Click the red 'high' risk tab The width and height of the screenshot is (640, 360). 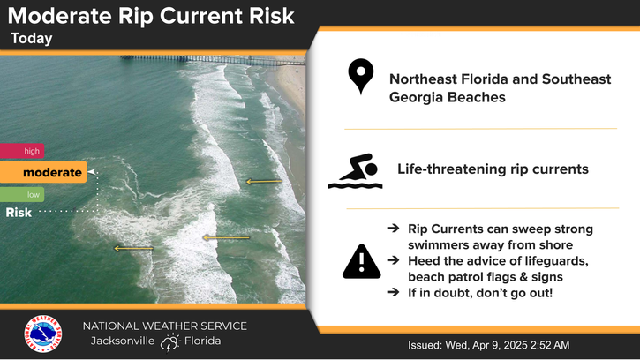[x=22, y=151]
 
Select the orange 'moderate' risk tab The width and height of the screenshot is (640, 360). [x=43, y=172]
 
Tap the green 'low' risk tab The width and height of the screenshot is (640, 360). [x=22, y=195]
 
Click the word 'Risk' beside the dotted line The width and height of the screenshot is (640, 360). [x=19, y=213]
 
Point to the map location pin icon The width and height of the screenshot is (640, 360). [x=361, y=76]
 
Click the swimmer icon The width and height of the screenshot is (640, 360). [x=355, y=171]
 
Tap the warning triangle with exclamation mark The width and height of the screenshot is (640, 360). [x=362, y=262]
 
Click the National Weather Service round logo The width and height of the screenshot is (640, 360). [x=43, y=334]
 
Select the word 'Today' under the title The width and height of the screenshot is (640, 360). [x=32, y=38]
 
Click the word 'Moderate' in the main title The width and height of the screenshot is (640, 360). [x=60, y=17]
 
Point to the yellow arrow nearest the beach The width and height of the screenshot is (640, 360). [x=264, y=181]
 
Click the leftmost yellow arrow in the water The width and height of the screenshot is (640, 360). [x=133, y=248]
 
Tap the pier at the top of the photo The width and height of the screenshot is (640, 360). [x=212, y=60]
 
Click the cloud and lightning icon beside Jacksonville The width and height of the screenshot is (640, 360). [x=169, y=342]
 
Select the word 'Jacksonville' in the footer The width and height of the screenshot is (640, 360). [x=123, y=341]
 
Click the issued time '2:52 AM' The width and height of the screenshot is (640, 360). [x=550, y=345]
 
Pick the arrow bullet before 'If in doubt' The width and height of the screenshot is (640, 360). [x=393, y=292]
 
